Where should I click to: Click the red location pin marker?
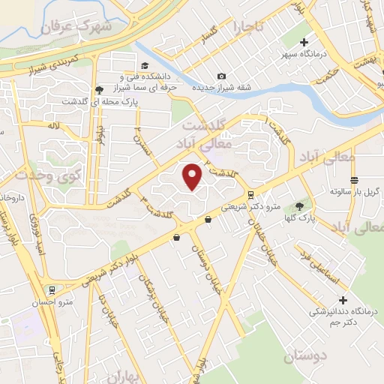coord(193,176)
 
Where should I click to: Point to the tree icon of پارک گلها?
coord(300,205)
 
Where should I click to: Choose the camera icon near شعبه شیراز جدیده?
coord(221,76)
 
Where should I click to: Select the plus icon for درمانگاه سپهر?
coord(304,43)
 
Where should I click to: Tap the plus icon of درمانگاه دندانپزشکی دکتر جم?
coord(322,299)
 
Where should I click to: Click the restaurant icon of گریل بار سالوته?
coord(354,180)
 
